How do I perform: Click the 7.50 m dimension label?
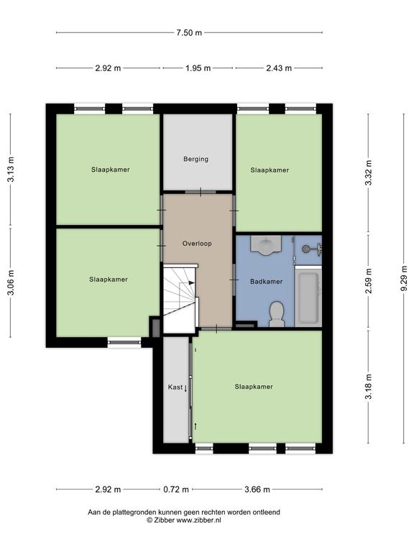(189, 33)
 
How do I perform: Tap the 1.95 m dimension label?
(198, 68)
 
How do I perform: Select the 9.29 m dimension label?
(403, 278)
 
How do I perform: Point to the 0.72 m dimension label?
(176, 489)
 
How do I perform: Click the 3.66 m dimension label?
(257, 489)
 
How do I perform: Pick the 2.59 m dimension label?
(368, 281)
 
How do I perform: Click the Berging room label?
(195, 159)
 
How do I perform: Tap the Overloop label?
(197, 244)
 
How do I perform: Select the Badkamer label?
(267, 282)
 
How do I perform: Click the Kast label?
(175, 387)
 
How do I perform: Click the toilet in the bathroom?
(276, 313)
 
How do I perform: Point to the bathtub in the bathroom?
(308, 296)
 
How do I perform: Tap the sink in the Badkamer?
(266, 244)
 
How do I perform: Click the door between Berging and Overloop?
(201, 192)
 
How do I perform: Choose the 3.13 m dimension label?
(11, 170)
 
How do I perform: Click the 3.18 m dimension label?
(368, 387)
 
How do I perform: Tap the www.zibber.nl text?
(198, 520)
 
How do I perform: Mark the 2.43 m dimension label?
(279, 68)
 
